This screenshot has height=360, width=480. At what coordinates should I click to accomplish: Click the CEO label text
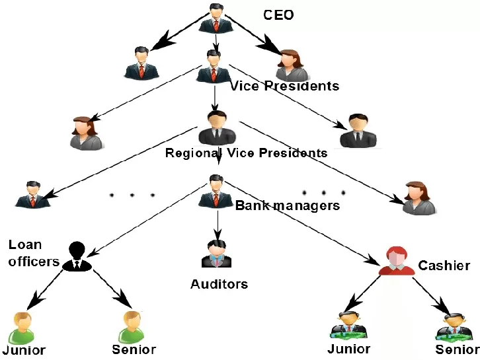[x=278, y=15]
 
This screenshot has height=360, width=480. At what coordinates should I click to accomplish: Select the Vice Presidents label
[x=284, y=86]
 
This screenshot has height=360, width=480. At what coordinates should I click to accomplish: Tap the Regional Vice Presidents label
[x=246, y=153]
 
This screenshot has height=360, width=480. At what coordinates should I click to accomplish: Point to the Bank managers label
[x=288, y=205]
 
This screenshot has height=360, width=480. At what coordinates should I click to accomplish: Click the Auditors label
[x=219, y=285]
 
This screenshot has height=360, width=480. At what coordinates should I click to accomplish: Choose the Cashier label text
[x=444, y=266]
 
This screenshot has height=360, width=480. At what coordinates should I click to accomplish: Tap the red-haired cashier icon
[x=396, y=261]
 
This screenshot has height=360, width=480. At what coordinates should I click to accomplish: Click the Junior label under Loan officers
[x=24, y=349]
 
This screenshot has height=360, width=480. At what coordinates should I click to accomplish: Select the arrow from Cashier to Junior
[x=364, y=291]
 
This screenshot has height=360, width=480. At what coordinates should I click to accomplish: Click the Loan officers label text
[x=33, y=253]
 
